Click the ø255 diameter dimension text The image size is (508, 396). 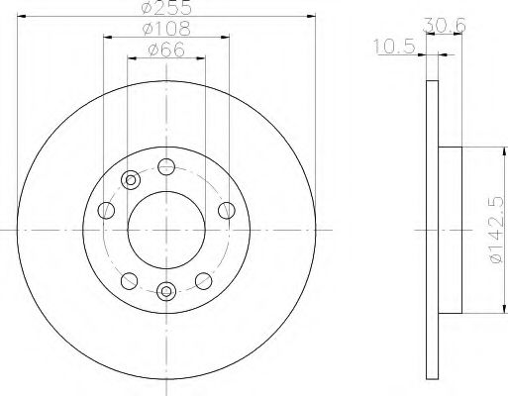[x=165, y=9]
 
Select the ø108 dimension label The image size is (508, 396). [x=165, y=30]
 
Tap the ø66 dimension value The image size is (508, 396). [x=165, y=50]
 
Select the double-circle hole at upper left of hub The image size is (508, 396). [x=129, y=179]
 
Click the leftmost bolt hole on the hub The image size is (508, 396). [x=105, y=209]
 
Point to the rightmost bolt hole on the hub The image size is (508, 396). [x=227, y=209]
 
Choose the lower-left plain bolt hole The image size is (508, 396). [x=127, y=279]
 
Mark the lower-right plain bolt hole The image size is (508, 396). [x=205, y=279]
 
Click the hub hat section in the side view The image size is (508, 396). [x=450, y=227]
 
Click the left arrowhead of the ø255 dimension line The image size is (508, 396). [x=22, y=19]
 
